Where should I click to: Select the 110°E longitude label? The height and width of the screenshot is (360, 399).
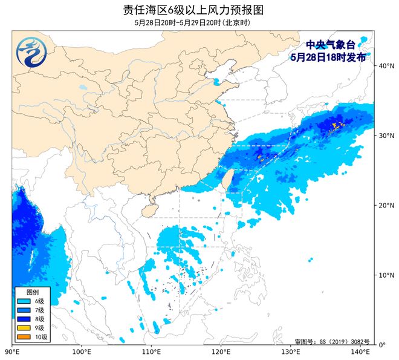click(x=151, y=351)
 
